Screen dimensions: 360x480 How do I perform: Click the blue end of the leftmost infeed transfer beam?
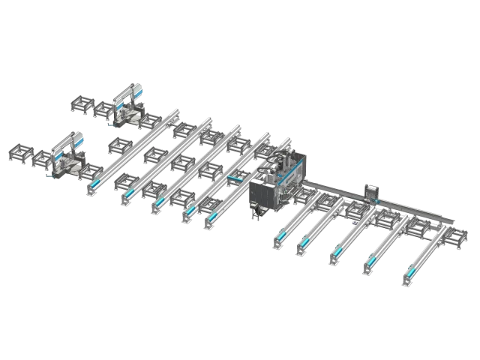tap(94, 184)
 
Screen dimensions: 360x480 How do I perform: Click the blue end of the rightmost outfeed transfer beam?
tap(413, 271)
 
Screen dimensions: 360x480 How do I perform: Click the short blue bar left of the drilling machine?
tap(237, 178)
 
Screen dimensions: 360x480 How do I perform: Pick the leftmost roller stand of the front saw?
tap(16, 154)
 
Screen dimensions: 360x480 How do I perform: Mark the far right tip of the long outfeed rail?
tap(454, 219)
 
